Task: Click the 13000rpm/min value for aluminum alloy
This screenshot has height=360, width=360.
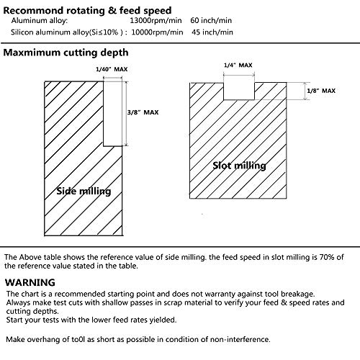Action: (156, 21)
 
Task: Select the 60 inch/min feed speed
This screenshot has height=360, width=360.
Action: (211, 21)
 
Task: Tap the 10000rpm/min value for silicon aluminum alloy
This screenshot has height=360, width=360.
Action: (157, 32)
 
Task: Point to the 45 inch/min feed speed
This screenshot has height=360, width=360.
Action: (212, 32)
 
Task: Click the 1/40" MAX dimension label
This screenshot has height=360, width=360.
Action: (112, 69)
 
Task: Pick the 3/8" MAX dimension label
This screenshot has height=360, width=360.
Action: (143, 112)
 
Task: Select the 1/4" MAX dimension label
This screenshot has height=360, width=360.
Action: (238, 66)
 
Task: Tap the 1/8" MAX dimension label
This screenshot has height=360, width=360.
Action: (321, 91)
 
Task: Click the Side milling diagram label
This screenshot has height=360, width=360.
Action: (84, 192)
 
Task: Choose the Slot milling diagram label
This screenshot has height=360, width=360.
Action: (239, 166)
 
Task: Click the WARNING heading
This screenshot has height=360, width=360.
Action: (30, 282)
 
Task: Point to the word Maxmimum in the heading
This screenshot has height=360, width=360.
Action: (32, 53)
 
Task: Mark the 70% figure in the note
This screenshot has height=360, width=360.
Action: (327, 257)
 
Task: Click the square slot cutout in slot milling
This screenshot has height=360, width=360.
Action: (239, 91)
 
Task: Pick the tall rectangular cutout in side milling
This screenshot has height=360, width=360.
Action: (113, 114)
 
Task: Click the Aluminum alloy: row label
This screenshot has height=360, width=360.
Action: (40, 21)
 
